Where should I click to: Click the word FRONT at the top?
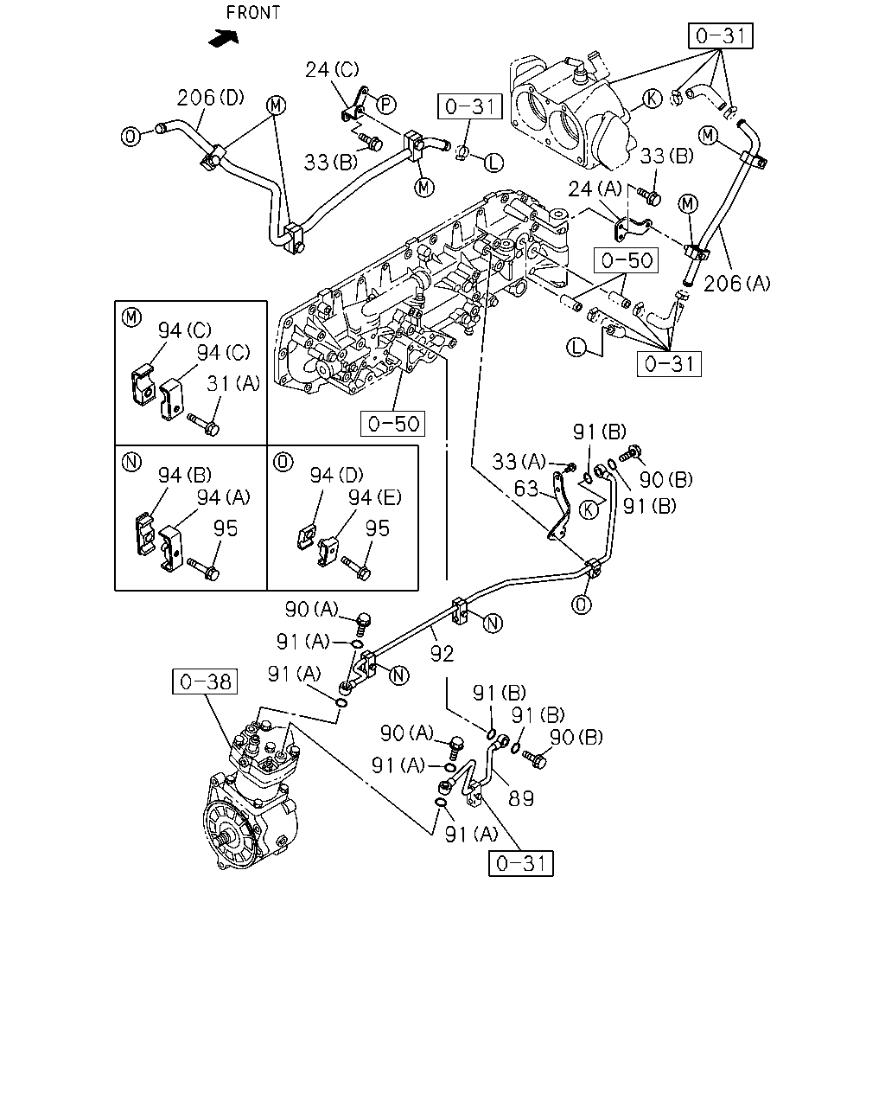click(253, 12)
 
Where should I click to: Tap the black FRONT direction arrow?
click(224, 38)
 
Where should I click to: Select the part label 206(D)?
click(211, 97)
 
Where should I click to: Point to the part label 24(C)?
click(332, 69)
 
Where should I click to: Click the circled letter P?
click(386, 105)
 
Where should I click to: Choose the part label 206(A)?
click(737, 284)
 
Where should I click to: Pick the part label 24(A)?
click(595, 189)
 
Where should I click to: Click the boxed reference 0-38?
click(205, 681)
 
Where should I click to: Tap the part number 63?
click(526, 489)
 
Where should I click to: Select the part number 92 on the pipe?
click(442, 654)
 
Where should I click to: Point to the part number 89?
click(521, 798)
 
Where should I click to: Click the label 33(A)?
click(519, 462)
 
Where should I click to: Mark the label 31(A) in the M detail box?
click(233, 383)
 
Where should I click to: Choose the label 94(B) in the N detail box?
click(185, 476)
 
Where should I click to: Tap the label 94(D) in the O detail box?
click(336, 476)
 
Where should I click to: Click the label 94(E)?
click(375, 497)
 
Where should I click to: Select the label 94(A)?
click(224, 497)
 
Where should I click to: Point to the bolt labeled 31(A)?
click(203, 424)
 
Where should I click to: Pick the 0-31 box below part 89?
click(521, 863)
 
